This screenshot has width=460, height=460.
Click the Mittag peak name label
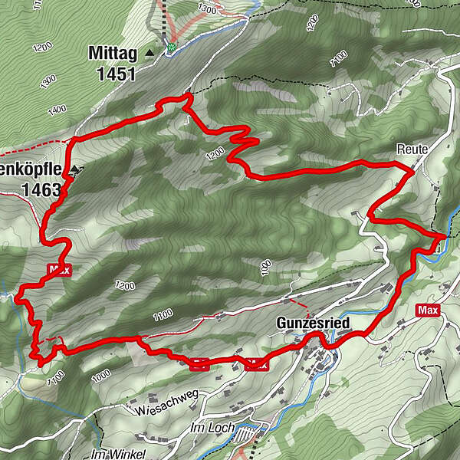[x=112, y=54]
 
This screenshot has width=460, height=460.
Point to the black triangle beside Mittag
[x=149, y=52]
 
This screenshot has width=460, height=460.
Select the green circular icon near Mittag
[x=172, y=47]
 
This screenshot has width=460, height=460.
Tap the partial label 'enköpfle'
[x=31, y=169]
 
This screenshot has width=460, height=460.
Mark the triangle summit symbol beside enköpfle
[x=74, y=168]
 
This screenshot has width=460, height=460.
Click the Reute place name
[x=412, y=148]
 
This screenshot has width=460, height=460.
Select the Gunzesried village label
[x=313, y=324]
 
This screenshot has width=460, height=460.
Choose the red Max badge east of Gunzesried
[x=429, y=310]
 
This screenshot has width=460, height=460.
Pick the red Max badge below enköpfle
[x=58, y=270]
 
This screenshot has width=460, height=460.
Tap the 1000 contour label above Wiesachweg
[x=100, y=377]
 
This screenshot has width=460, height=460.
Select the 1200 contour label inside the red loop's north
[x=215, y=154]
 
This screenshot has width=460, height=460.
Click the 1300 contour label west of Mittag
[x=50, y=79]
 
